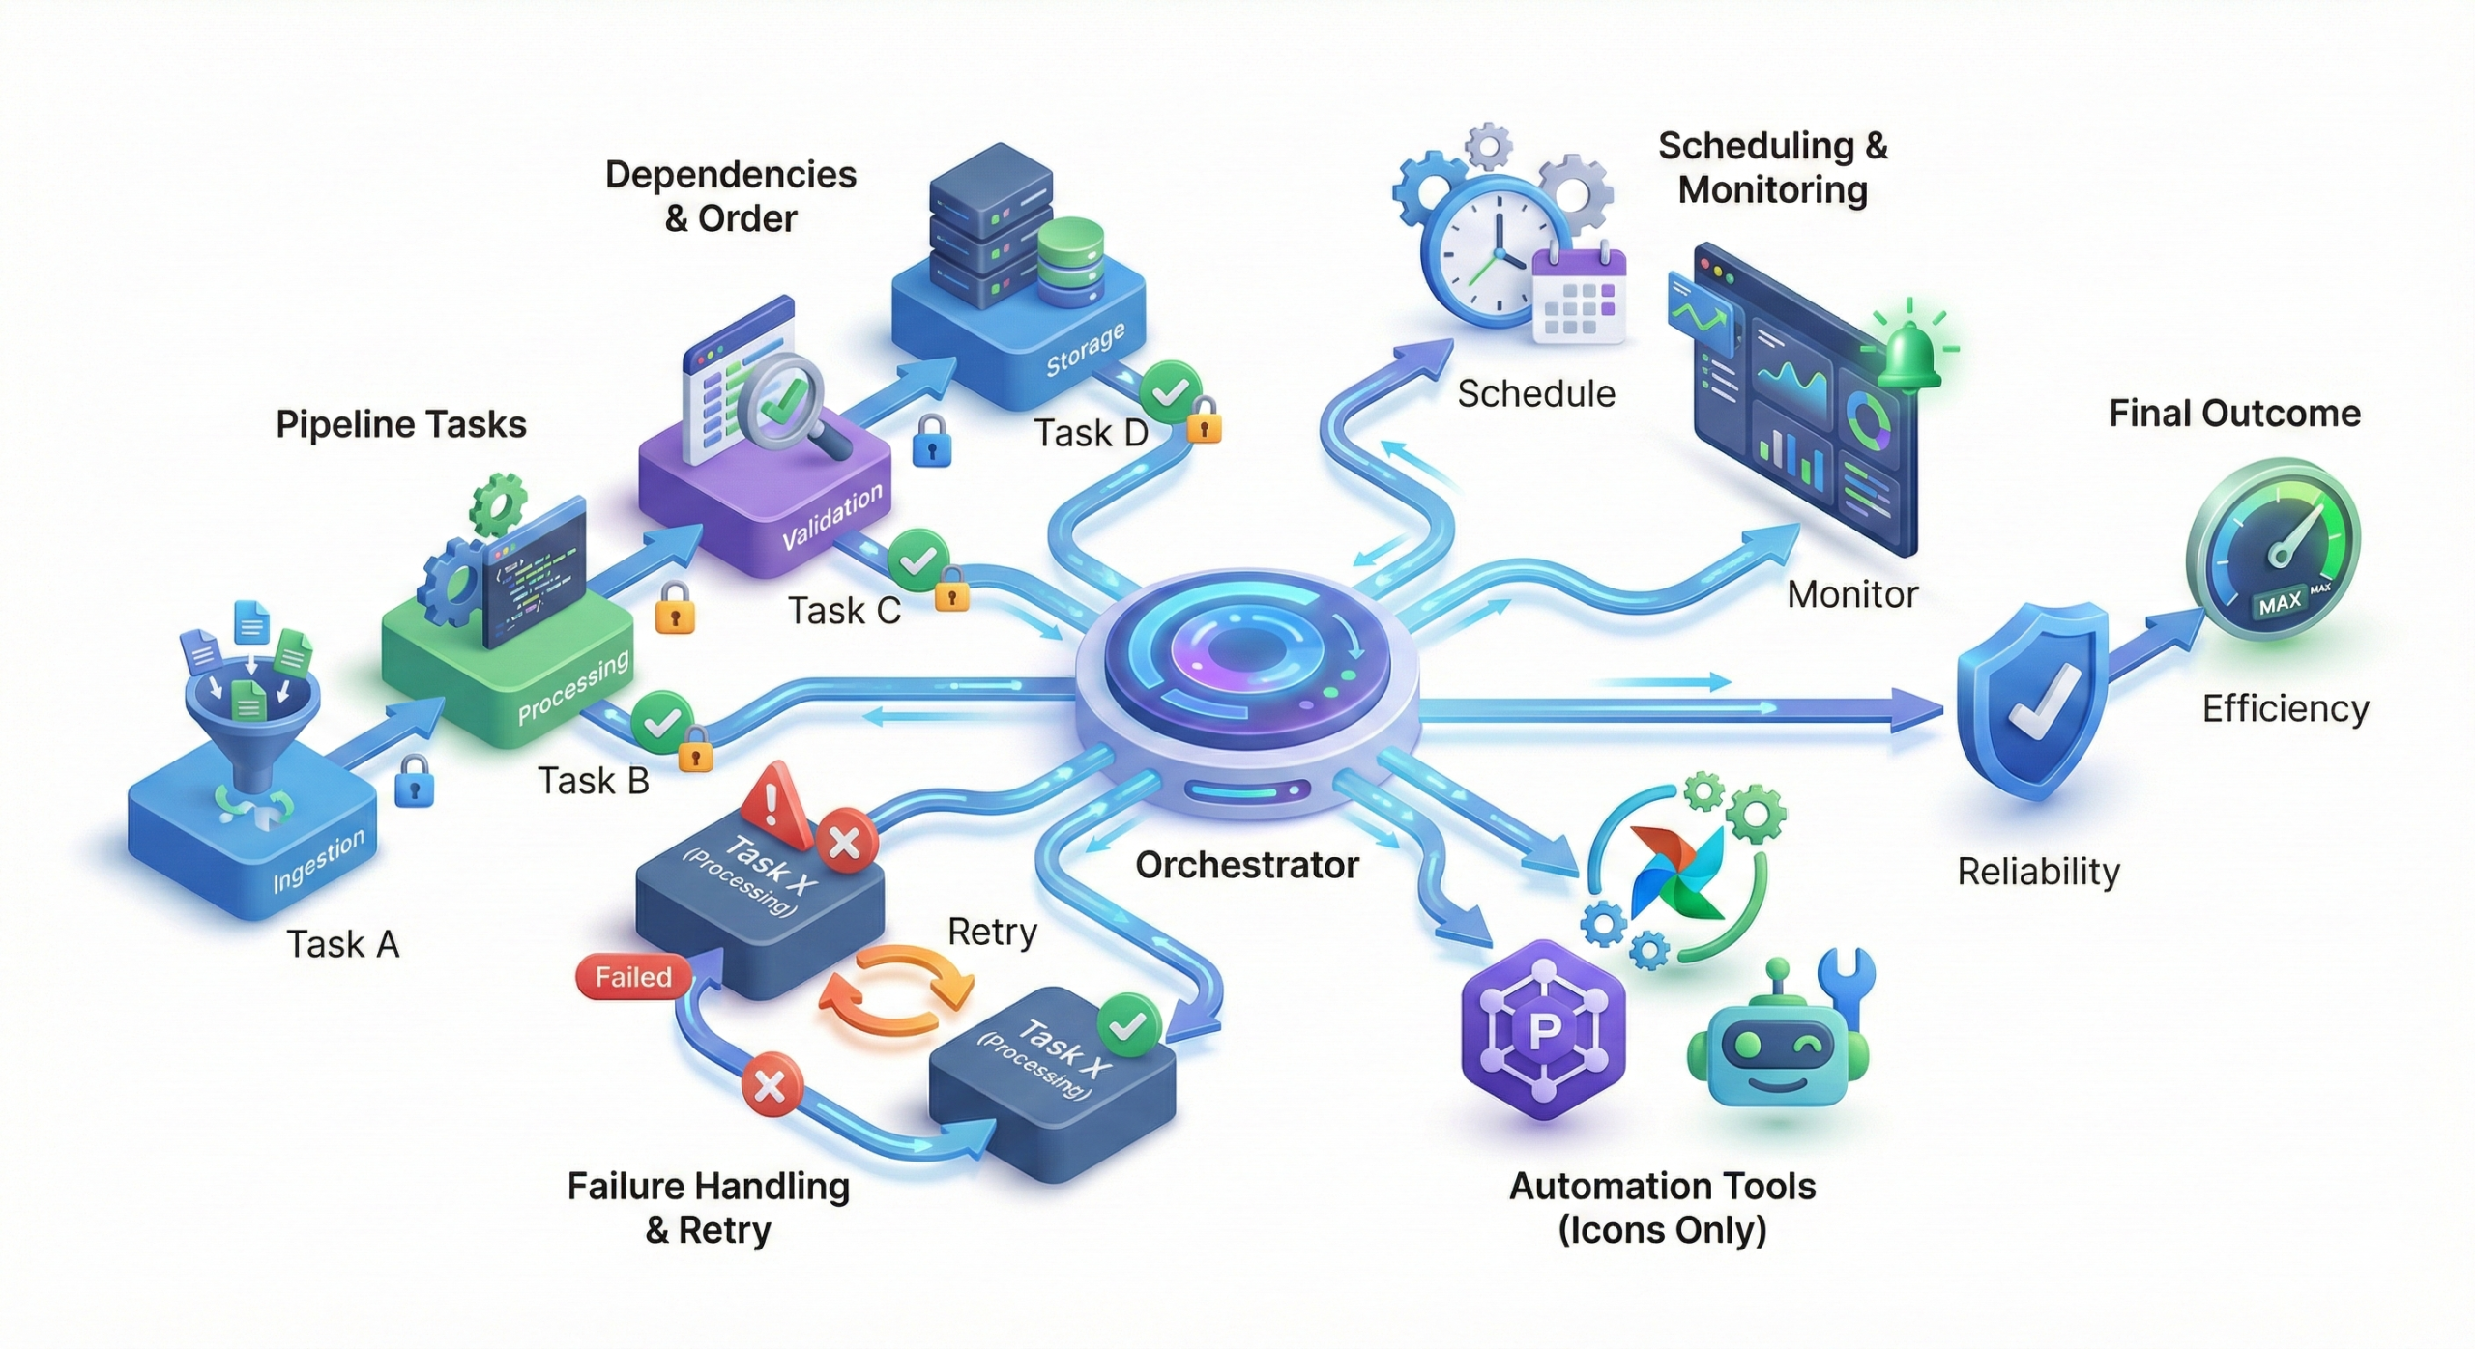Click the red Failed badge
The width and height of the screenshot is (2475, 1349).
point(632,977)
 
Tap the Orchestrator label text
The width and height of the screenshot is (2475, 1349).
point(1246,865)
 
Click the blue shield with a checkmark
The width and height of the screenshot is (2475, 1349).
point(2031,701)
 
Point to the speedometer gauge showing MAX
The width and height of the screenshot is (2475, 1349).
point(2273,550)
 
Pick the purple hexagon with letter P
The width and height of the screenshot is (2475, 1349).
point(1543,1031)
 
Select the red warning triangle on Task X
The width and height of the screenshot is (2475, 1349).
point(773,802)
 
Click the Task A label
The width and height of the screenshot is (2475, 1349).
point(342,944)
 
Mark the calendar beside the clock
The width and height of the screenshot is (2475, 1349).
point(1579,296)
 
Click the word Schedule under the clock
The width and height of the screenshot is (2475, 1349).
point(1535,394)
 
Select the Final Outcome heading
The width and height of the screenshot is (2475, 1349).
point(2234,414)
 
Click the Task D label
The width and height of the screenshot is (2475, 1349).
point(1091,434)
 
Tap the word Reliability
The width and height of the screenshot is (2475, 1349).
point(2038,872)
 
